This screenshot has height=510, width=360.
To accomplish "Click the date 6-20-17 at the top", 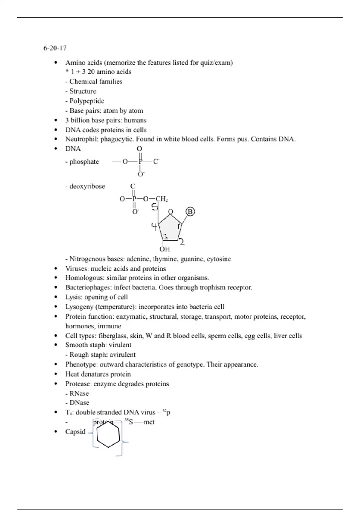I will (x=55, y=48).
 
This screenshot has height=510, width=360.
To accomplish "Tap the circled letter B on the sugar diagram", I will (x=190, y=212).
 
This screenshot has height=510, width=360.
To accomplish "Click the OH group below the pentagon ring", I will (x=165, y=249).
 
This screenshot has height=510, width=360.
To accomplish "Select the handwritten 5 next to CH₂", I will (x=155, y=207).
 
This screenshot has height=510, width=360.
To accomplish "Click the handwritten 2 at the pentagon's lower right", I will (x=182, y=242).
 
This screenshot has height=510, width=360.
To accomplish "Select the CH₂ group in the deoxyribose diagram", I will (x=162, y=199).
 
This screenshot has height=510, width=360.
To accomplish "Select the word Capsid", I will (x=75, y=432).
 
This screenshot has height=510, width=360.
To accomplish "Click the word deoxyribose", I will (x=87, y=186).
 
